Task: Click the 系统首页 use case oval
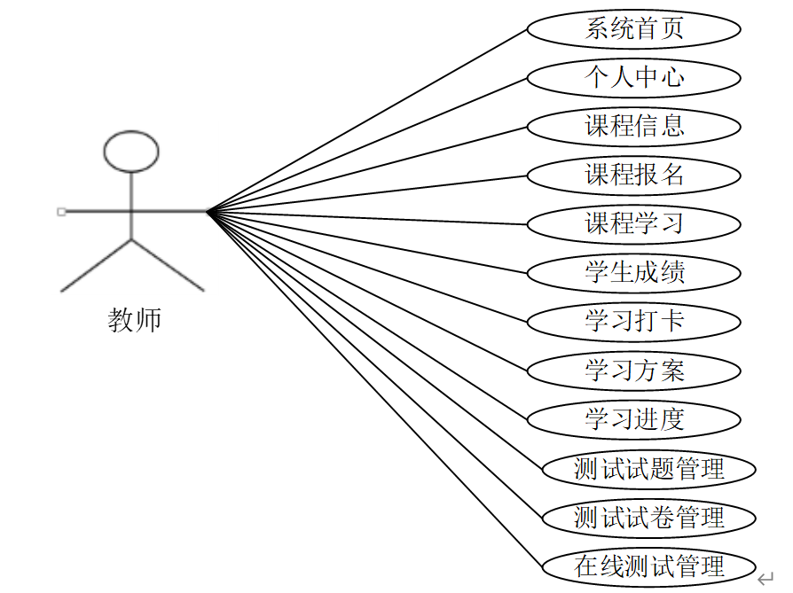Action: click(633, 29)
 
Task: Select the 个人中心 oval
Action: click(633, 78)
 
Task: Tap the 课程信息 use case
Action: click(633, 127)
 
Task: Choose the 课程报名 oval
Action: click(633, 176)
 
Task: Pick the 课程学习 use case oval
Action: click(633, 223)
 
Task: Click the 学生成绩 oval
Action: click(633, 272)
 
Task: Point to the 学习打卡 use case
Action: click(633, 321)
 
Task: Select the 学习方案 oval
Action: click(633, 370)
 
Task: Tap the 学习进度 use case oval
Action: click(633, 418)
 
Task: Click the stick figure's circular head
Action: click(131, 152)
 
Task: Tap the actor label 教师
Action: click(134, 320)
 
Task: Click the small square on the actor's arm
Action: click(60, 211)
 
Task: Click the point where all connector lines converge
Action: click(207, 211)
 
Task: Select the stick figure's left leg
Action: click(96, 265)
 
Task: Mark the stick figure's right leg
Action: click(168, 265)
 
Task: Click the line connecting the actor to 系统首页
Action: click(368, 120)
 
